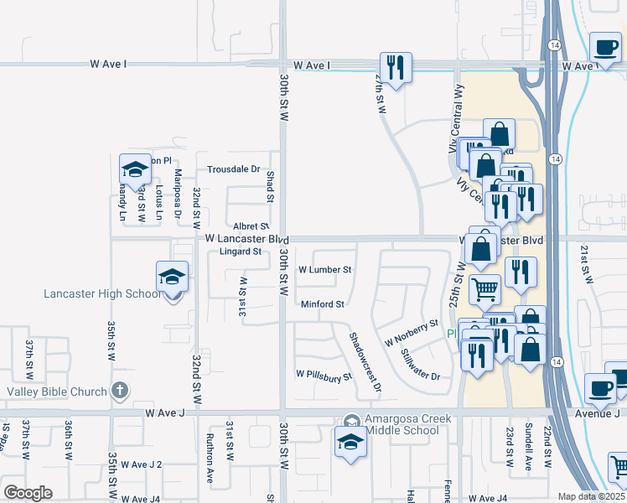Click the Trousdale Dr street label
tap(234, 169)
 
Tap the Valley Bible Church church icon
tap(121, 391)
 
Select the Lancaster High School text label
tap(103, 293)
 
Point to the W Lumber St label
tap(324, 270)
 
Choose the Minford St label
tap(323, 304)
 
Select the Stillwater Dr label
tap(420, 365)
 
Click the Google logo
tap(28, 493)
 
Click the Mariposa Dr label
tap(178, 194)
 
